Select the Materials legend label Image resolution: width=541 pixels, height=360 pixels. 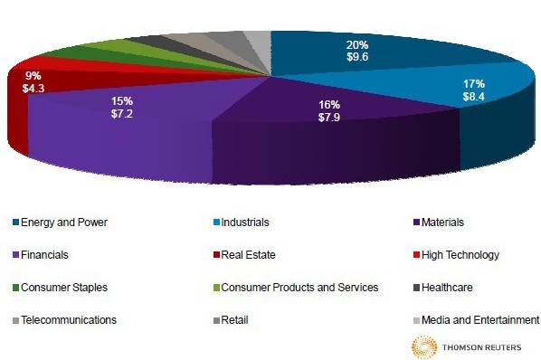(x=445, y=222)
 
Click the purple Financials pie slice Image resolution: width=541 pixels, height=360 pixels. (x=127, y=131)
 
